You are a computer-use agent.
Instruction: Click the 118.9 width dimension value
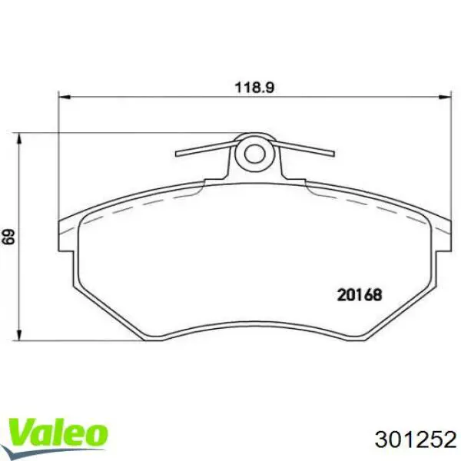254,88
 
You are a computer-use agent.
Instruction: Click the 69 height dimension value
9,236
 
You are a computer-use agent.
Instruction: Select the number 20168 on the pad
360,293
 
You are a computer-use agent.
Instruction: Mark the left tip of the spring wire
178,154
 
